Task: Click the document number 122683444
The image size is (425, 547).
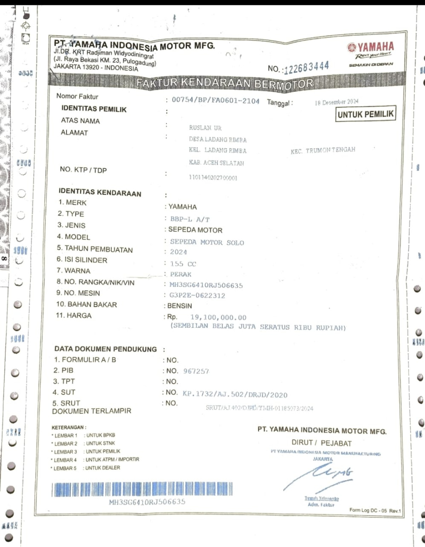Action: click(x=307, y=67)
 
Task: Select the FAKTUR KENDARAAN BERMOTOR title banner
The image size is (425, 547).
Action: click(x=225, y=83)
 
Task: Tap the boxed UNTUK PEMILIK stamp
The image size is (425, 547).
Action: click(x=365, y=114)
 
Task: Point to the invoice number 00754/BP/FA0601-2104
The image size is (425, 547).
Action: click(x=215, y=100)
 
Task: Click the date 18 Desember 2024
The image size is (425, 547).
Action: click(x=336, y=102)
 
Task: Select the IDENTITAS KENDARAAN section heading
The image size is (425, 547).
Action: click(x=100, y=193)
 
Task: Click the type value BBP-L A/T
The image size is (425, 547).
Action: click(x=190, y=219)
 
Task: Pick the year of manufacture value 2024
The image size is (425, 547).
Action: click(x=178, y=252)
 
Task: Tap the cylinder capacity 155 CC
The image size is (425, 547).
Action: click(x=183, y=264)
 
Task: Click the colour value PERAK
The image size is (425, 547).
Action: click(x=181, y=274)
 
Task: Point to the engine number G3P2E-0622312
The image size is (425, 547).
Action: click(x=197, y=295)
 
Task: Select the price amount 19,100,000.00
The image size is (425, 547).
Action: click(x=218, y=317)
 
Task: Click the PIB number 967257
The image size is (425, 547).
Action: click(x=196, y=371)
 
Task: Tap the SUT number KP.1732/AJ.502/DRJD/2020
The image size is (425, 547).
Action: click(x=235, y=394)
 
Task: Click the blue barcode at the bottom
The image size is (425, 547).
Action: click(x=142, y=490)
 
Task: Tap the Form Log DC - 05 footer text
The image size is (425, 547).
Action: click(x=375, y=510)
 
